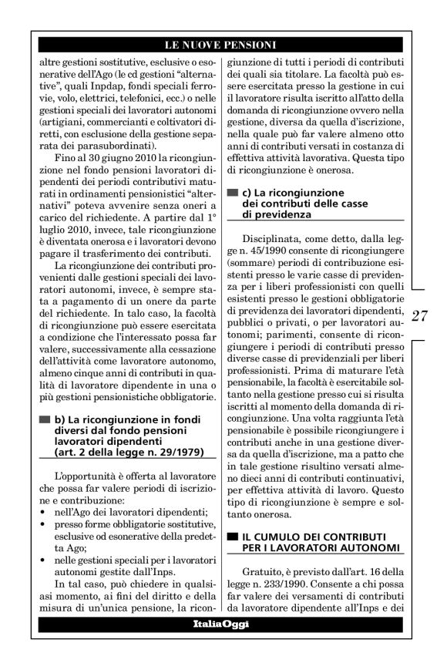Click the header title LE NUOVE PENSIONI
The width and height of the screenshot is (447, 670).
click(223, 45)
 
